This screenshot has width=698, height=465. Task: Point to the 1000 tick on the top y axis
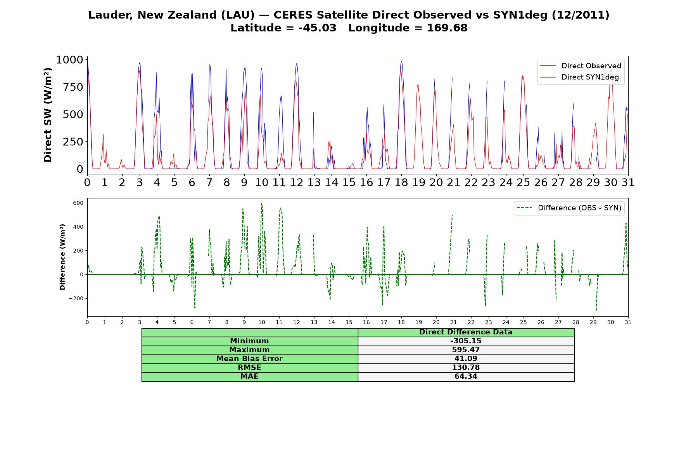click(x=69, y=60)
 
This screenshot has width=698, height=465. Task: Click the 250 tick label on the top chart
click(x=73, y=142)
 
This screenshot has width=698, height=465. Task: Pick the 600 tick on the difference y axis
click(x=78, y=203)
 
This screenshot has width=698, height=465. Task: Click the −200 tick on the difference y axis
click(x=76, y=298)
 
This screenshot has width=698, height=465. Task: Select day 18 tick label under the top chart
click(x=401, y=183)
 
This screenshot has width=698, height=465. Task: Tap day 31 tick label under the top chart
click(x=628, y=183)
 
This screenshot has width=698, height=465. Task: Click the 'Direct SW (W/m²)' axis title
click(x=48, y=115)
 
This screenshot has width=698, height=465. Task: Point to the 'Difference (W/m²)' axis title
click(x=62, y=257)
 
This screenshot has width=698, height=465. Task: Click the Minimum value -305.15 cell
click(x=466, y=341)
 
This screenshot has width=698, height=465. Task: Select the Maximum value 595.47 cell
click(x=466, y=350)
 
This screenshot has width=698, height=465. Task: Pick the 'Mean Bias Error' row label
click(x=249, y=359)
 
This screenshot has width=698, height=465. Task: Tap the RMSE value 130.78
click(x=466, y=368)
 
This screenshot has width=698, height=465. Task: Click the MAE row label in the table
click(x=249, y=377)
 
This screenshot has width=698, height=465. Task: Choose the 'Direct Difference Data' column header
click(x=466, y=332)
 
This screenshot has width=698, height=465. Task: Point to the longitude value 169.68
click(x=447, y=28)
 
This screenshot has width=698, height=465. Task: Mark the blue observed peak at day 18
click(x=401, y=61)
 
